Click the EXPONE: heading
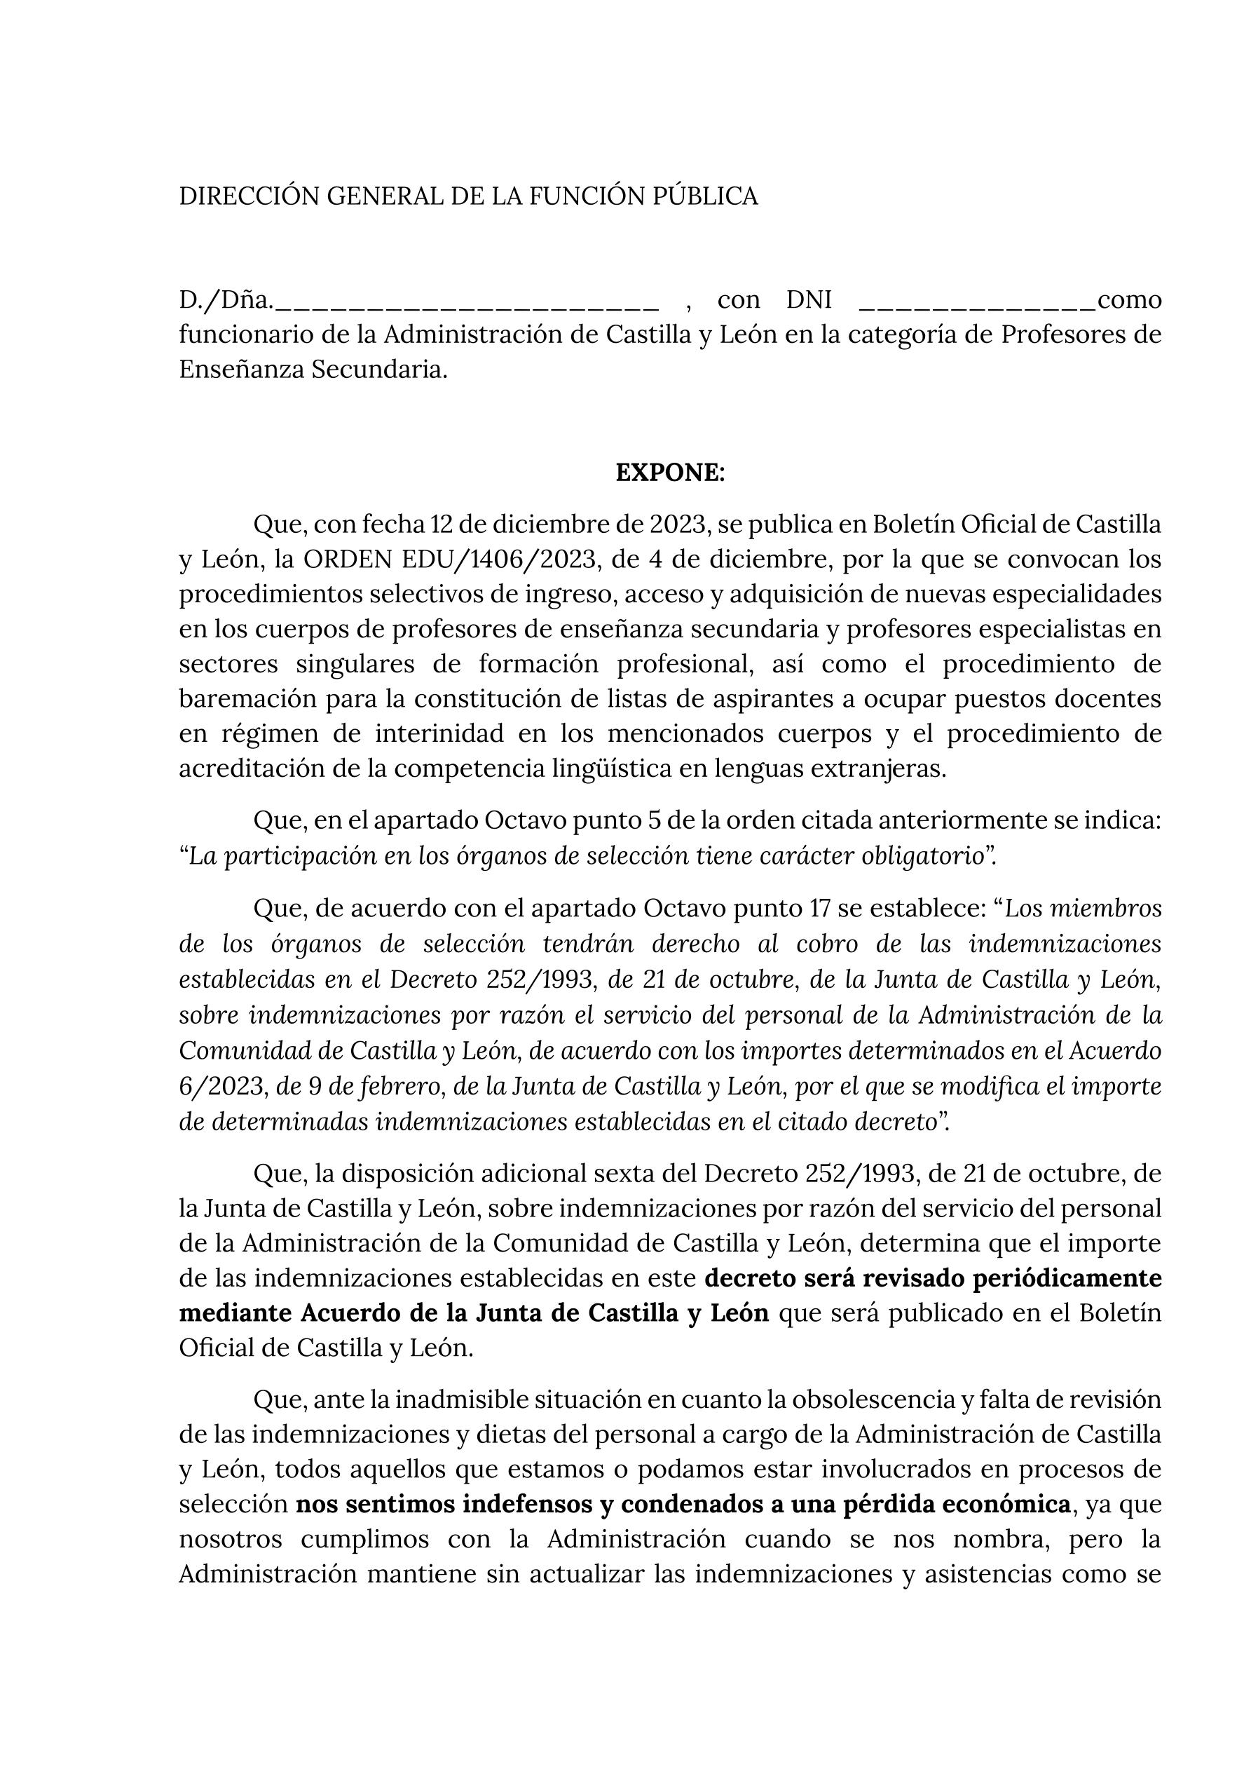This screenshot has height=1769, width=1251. (670, 473)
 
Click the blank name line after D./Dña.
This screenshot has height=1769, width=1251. (467, 302)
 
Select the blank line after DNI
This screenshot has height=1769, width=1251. (976, 302)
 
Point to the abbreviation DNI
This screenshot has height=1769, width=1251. (808, 299)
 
